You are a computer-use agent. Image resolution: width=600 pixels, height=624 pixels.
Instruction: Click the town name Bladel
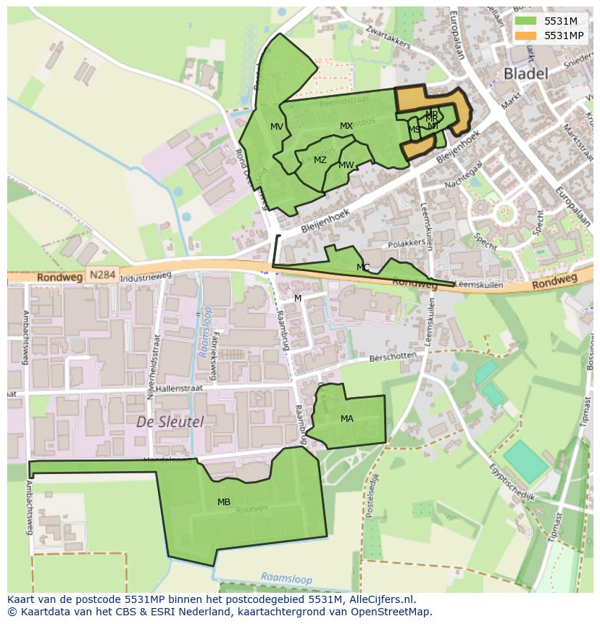tap(525, 72)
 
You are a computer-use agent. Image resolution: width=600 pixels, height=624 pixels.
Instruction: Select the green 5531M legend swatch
tap(525, 22)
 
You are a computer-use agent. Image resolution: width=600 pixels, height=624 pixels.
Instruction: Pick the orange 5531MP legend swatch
tap(525, 35)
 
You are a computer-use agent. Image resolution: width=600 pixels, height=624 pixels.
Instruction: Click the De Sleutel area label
tap(170, 421)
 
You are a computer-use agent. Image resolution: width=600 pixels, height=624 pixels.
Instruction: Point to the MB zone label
tap(224, 502)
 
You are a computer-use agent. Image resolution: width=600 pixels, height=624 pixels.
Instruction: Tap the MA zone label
tap(347, 418)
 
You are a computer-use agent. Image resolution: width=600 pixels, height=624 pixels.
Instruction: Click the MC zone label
tap(363, 267)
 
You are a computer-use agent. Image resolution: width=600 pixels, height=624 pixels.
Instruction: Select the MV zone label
tap(277, 127)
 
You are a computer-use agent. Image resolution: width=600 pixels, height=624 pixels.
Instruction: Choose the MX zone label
tap(346, 126)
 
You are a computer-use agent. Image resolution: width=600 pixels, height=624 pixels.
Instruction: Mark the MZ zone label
tap(320, 160)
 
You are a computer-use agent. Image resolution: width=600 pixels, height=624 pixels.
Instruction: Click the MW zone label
tap(346, 165)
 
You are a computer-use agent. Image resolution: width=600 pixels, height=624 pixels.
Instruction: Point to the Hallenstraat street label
tap(177, 388)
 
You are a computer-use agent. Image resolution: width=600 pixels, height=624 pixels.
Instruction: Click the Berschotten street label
tap(393, 356)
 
